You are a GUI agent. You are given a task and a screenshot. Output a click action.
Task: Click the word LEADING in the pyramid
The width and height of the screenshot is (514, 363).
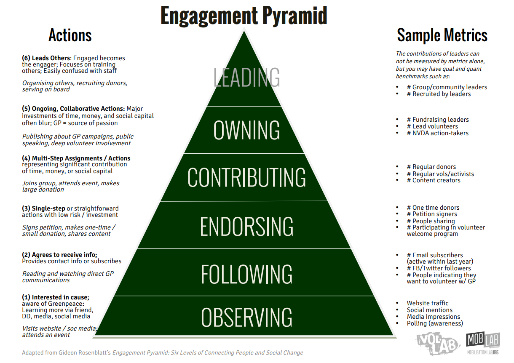coord(246,77)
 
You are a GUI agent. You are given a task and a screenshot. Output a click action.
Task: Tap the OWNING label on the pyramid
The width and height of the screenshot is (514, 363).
coord(246,130)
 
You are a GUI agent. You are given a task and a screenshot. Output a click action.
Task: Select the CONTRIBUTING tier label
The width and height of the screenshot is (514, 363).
coord(246,177)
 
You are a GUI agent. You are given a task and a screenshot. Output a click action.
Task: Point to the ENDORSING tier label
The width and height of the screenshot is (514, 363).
coord(246,226)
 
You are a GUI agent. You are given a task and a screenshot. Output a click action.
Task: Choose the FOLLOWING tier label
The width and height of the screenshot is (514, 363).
coord(246,274)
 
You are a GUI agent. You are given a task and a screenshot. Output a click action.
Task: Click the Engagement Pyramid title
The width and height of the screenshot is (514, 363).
coord(244,16)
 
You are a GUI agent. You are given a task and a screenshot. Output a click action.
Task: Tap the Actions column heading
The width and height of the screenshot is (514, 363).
coord(70,35)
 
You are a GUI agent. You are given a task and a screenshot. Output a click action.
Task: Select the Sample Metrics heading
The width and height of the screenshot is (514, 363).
coord(442,35)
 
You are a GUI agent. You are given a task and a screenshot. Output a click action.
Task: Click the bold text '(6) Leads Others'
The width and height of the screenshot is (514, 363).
coord(47,58)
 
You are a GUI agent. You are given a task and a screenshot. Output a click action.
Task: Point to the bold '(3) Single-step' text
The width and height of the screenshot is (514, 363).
coord(44,208)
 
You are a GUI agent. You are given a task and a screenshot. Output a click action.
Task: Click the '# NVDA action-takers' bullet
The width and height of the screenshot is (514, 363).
coord(437,133)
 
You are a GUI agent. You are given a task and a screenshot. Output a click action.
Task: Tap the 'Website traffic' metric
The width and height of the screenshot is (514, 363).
coord(427,303)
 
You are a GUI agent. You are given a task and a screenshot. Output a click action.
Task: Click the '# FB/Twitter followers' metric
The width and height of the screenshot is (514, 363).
coord(439,268)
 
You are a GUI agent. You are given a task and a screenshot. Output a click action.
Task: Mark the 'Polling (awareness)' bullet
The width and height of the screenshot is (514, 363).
coord(434,323)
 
